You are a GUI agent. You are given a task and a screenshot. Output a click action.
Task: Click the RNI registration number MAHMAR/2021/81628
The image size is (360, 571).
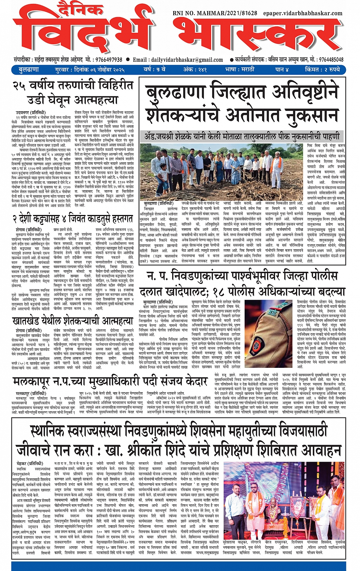(215, 13)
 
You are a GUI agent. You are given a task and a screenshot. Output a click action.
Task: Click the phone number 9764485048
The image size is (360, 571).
(331, 60)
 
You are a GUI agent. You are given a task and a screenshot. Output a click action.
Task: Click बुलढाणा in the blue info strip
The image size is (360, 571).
(29, 70)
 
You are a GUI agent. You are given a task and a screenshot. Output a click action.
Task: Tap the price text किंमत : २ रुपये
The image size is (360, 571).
(322, 70)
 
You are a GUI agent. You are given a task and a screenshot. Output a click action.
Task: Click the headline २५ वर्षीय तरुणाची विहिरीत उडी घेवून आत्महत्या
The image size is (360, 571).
(73, 92)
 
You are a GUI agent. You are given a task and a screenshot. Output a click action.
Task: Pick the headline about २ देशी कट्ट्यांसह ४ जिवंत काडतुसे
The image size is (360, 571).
(72, 218)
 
